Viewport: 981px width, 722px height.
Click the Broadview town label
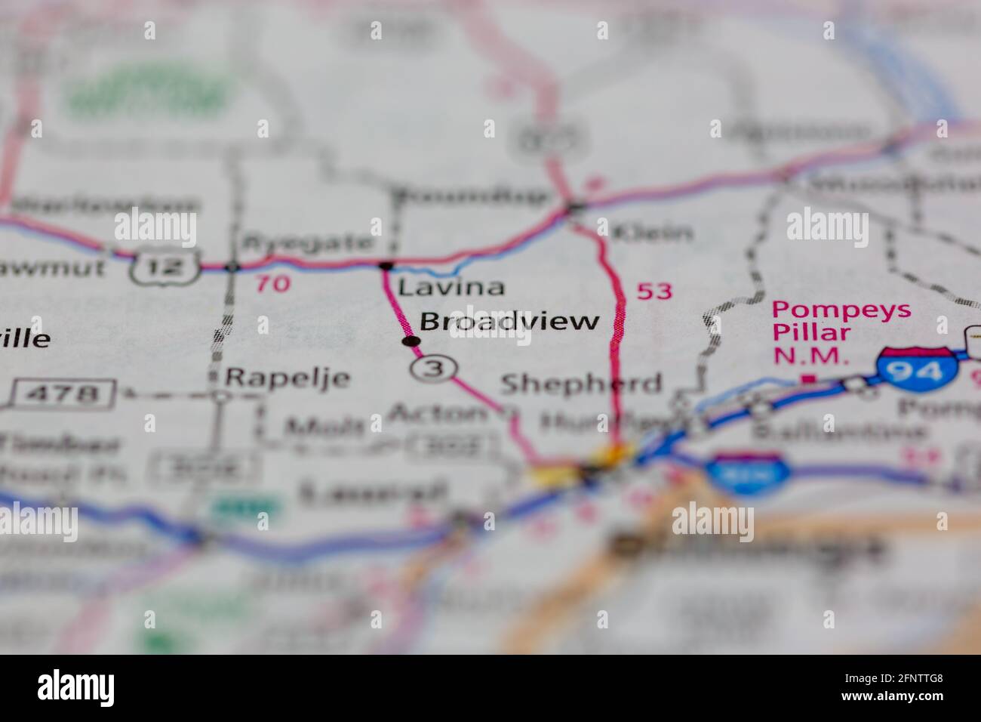click(509, 322)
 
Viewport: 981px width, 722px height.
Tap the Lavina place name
click(451, 288)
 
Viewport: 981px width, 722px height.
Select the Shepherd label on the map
click(581, 384)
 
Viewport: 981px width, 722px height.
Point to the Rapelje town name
click(288, 377)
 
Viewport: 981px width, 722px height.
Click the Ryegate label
click(306, 243)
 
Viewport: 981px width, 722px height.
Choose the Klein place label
click(653, 232)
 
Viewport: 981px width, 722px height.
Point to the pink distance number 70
click(272, 284)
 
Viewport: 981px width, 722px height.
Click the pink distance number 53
click(654, 291)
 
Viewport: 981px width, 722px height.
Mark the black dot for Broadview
click(411, 341)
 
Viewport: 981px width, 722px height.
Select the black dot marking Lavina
click(386, 265)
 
